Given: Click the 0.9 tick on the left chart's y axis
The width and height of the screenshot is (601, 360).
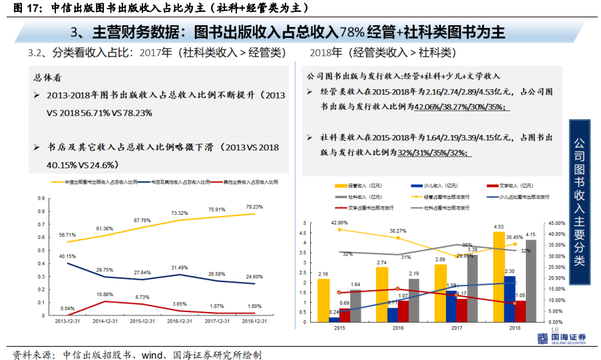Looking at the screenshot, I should [x=41, y=198].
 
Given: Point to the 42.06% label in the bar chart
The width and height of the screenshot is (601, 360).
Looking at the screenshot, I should [x=339, y=222].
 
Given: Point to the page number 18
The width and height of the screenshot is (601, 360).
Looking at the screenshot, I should [x=554, y=331].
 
